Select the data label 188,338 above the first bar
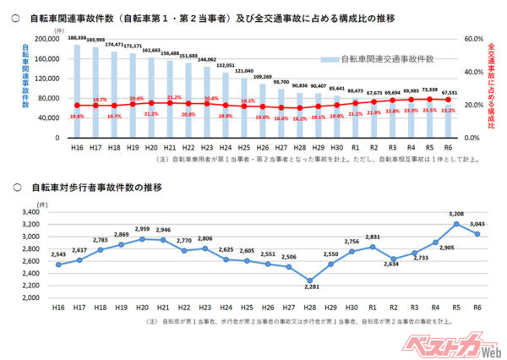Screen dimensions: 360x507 [77, 38]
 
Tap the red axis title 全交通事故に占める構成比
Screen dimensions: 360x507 [493, 85]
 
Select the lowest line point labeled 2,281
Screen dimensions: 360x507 [310, 281]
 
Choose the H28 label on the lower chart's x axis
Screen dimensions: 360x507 [310, 308]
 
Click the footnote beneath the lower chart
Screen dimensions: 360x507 [270, 322]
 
